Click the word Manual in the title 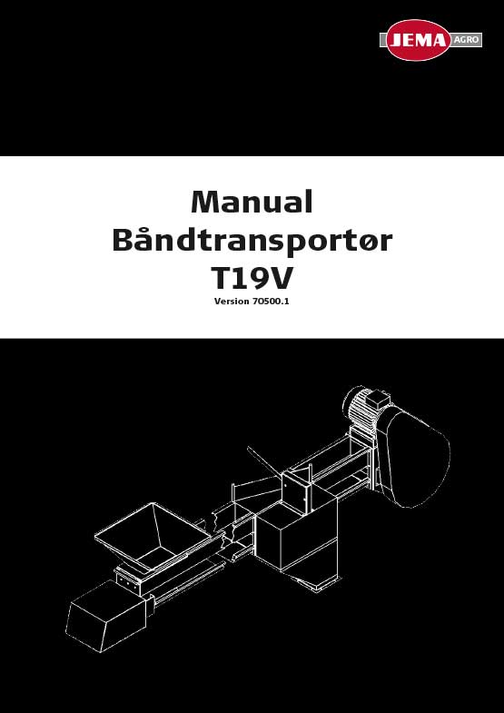pos(252,203)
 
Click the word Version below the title pos(232,302)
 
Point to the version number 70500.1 pos(271,302)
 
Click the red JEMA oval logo pos(418,40)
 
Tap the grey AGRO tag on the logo pos(466,40)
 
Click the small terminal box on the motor pos(376,401)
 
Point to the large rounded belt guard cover pos(416,457)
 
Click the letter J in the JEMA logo pos(397,41)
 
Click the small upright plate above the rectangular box pos(295,493)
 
